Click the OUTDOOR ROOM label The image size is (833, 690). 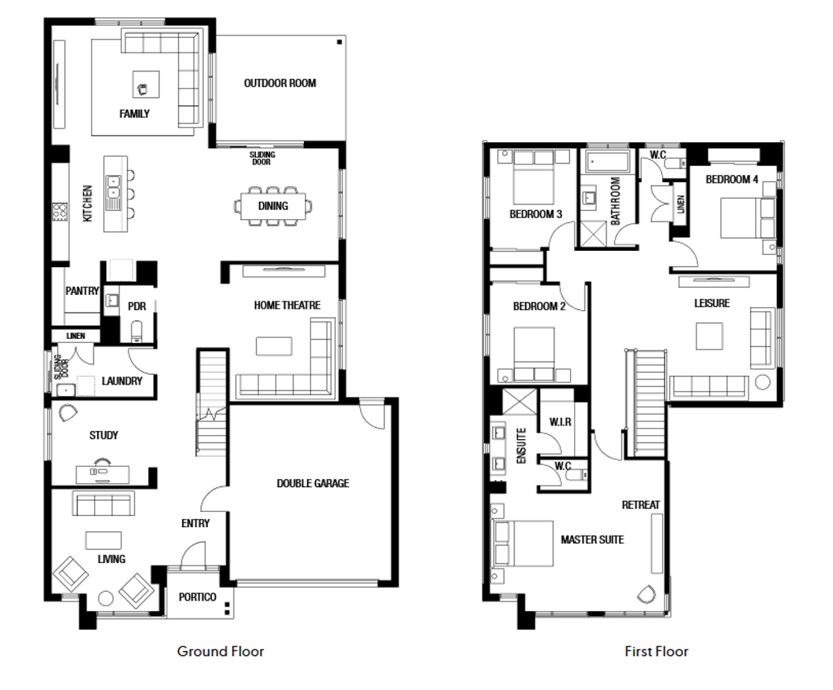click(279, 83)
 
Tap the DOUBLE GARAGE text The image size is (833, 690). click(313, 483)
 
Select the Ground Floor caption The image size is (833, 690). click(220, 651)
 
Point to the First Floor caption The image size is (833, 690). click(656, 651)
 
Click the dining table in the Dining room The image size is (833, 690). click(273, 207)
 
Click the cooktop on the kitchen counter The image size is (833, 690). click(60, 212)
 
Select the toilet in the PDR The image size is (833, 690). click(137, 331)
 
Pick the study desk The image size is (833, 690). click(102, 475)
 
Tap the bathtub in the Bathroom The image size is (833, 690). click(607, 162)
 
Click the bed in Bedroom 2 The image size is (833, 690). click(534, 354)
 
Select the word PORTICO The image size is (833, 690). click(197, 597)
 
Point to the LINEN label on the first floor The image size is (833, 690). click(681, 204)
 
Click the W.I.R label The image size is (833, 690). click(560, 421)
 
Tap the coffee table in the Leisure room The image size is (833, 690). click(709, 336)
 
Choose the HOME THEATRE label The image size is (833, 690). click(288, 305)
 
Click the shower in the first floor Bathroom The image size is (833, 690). click(593, 233)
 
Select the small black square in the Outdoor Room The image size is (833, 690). click(340, 42)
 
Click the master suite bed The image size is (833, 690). click(524, 543)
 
